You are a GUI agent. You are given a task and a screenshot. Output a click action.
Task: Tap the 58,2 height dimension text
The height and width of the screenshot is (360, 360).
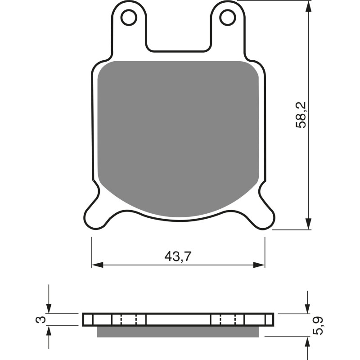(301, 115)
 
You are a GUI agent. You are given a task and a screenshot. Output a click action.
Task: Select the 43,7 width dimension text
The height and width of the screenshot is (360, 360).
(178, 256)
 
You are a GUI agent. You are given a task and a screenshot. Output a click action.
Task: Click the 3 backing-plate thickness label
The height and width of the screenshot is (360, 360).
(40, 320)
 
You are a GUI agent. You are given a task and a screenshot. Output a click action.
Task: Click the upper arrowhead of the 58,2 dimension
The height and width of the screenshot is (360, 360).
(308, 6)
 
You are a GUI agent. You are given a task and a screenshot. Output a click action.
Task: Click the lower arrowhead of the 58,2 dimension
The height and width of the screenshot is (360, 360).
(308, 224)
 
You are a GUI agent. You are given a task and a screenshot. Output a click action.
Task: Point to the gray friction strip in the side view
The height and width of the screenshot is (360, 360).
(178, 331)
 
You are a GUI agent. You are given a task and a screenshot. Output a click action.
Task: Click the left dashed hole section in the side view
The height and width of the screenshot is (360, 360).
(129, 319)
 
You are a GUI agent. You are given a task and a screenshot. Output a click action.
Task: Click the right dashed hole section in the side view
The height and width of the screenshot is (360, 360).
(228, 319)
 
